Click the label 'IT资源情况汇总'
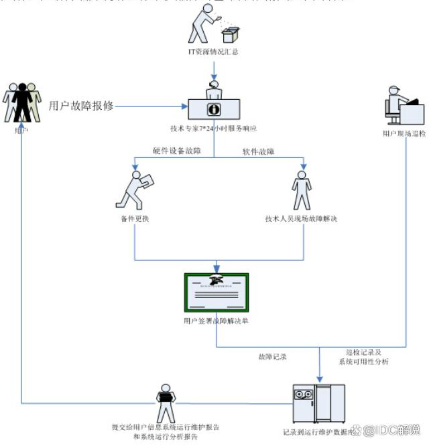point(214,51)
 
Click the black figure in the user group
point(23,101)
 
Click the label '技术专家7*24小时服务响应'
point(214,127)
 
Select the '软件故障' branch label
point(258,151)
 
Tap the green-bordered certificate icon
point(217,293)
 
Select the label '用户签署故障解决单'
point(217,321)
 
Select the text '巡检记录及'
point(363,352)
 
